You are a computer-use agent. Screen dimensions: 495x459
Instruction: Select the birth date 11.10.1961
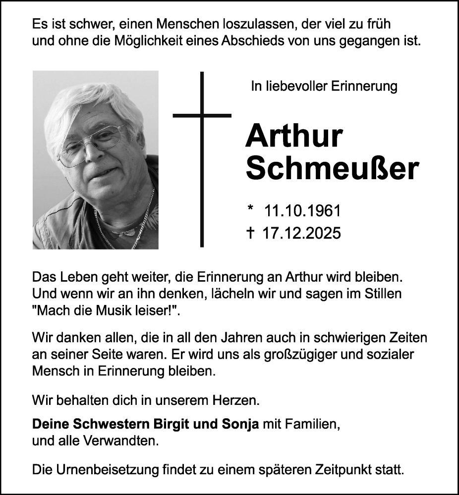click(x=303, y=211)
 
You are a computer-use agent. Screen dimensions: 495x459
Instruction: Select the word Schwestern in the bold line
click(x=108, y=424)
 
